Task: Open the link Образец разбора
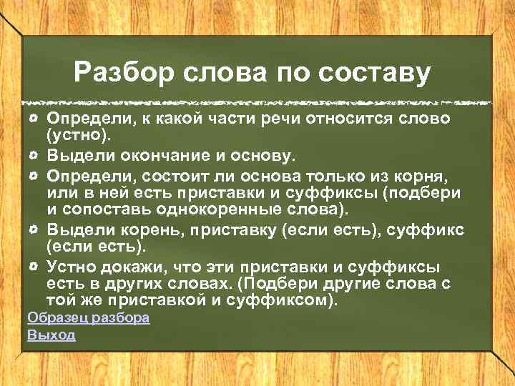tap(88, 318)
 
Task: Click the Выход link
tap(51, 335)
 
